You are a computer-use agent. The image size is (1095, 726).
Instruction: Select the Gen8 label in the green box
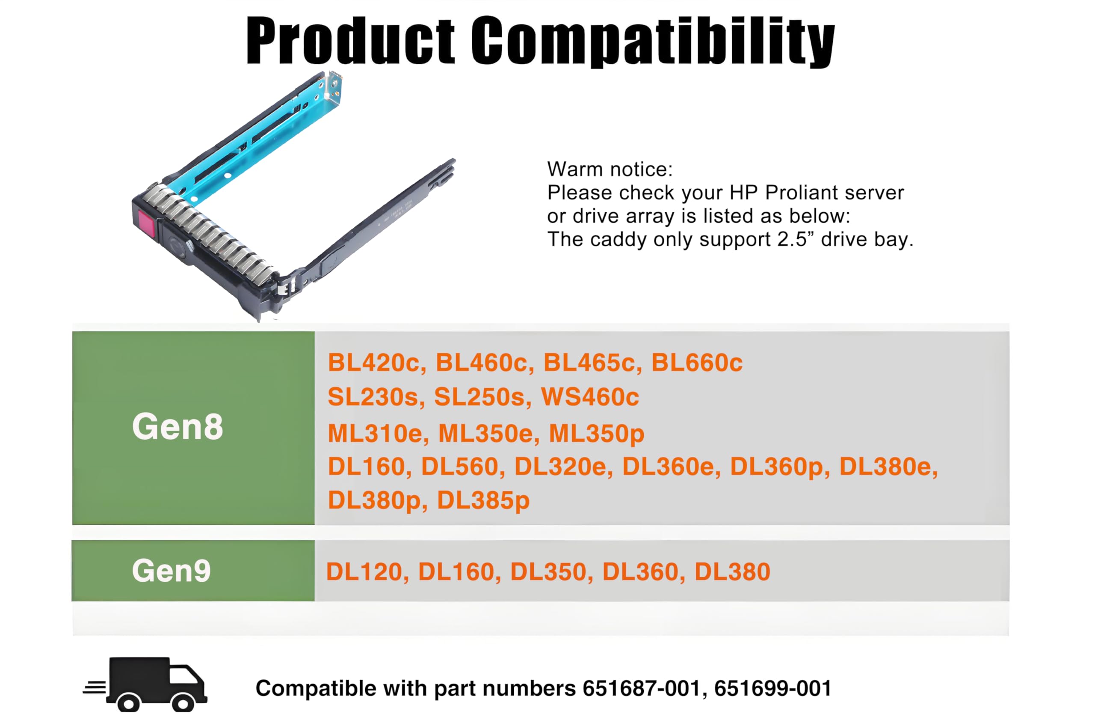(x=178, y=426)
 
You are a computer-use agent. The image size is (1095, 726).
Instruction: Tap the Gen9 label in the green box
(x=171, y=571)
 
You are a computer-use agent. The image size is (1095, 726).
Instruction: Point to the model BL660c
(x=697, y=363)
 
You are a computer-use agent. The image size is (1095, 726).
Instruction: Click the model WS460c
(x=590, y=397)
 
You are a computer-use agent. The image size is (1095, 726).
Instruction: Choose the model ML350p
(x=596, y=434)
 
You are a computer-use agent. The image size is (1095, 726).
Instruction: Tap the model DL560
(x=460, y=467)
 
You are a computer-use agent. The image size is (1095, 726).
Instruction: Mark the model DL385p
(x=483, y=500)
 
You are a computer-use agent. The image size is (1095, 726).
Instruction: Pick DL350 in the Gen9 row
(x=548, y=572)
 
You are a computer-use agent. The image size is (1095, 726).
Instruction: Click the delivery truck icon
(x=146, y=684)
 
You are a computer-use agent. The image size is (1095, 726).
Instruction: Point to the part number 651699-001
(x=773, y=688)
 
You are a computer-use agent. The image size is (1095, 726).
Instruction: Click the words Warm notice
(x=610, y=170)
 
